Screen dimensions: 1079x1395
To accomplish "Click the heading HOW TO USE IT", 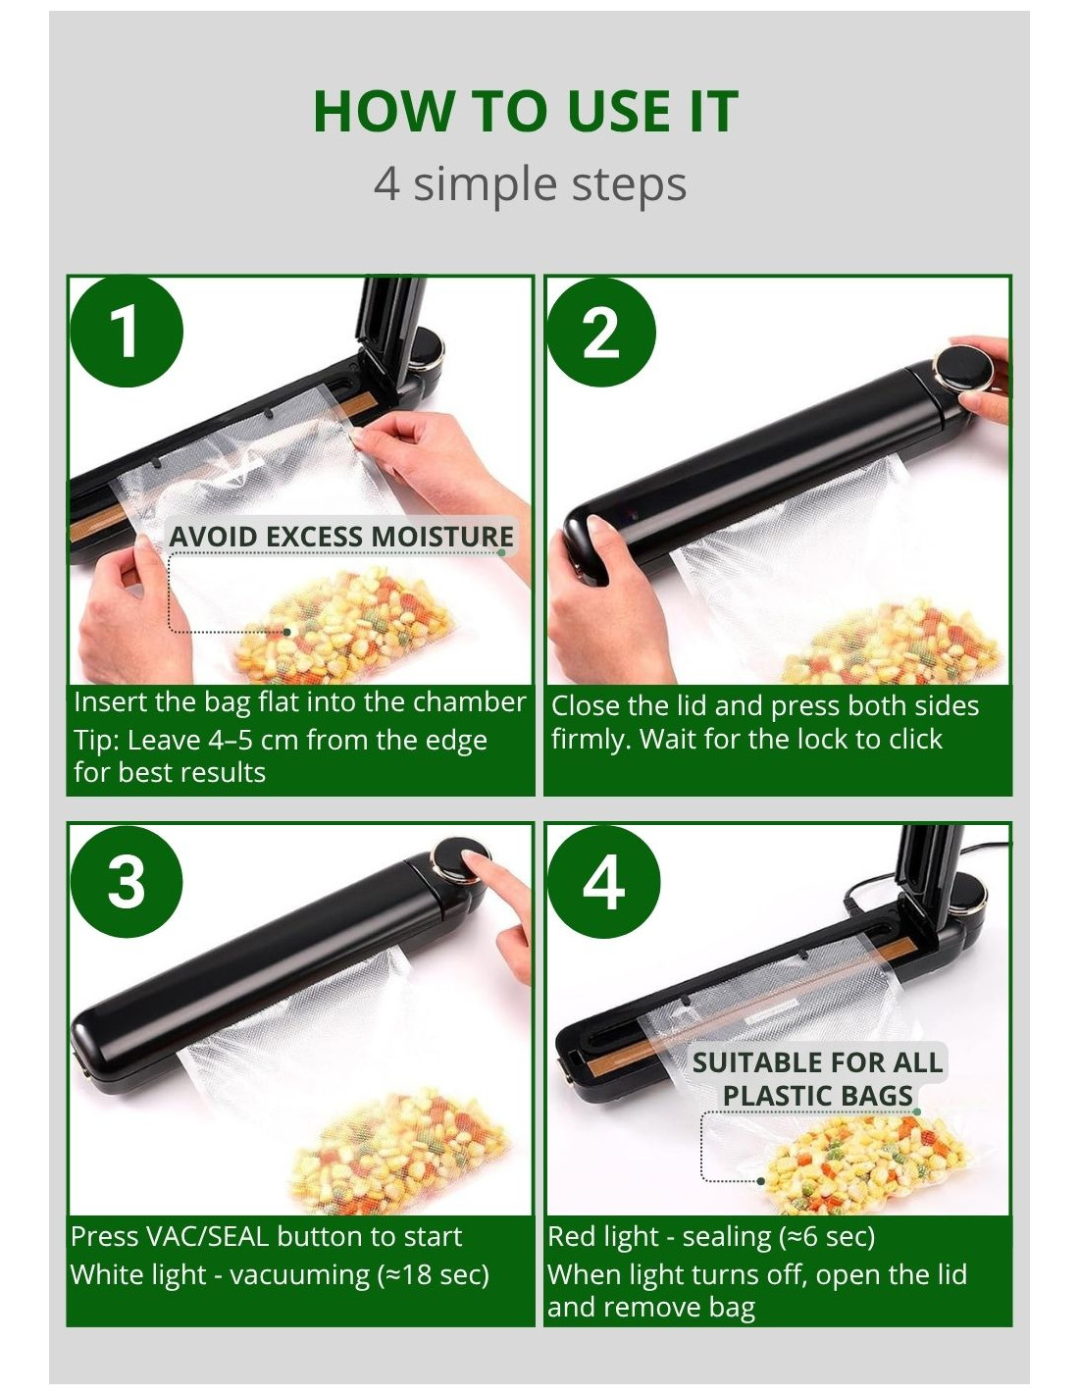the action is [x=525, y=112].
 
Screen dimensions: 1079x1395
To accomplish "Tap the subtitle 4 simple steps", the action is [x=531, y=184].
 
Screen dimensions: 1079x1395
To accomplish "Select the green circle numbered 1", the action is [x=127, y=332].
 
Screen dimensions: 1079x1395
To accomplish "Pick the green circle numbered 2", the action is [x=600, y=332].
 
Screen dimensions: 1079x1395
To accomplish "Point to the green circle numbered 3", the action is [x=127, y=881].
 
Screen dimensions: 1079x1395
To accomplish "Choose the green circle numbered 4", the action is [x=603, y=881].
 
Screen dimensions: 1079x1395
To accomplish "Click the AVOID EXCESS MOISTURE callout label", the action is [x=340, y=537].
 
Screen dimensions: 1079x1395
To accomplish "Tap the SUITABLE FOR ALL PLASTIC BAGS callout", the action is [x=816, y=1078].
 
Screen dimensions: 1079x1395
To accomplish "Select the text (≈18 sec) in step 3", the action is [x=430, y=1275].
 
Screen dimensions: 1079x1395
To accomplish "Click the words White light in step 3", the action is [x=138, y=1275].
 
